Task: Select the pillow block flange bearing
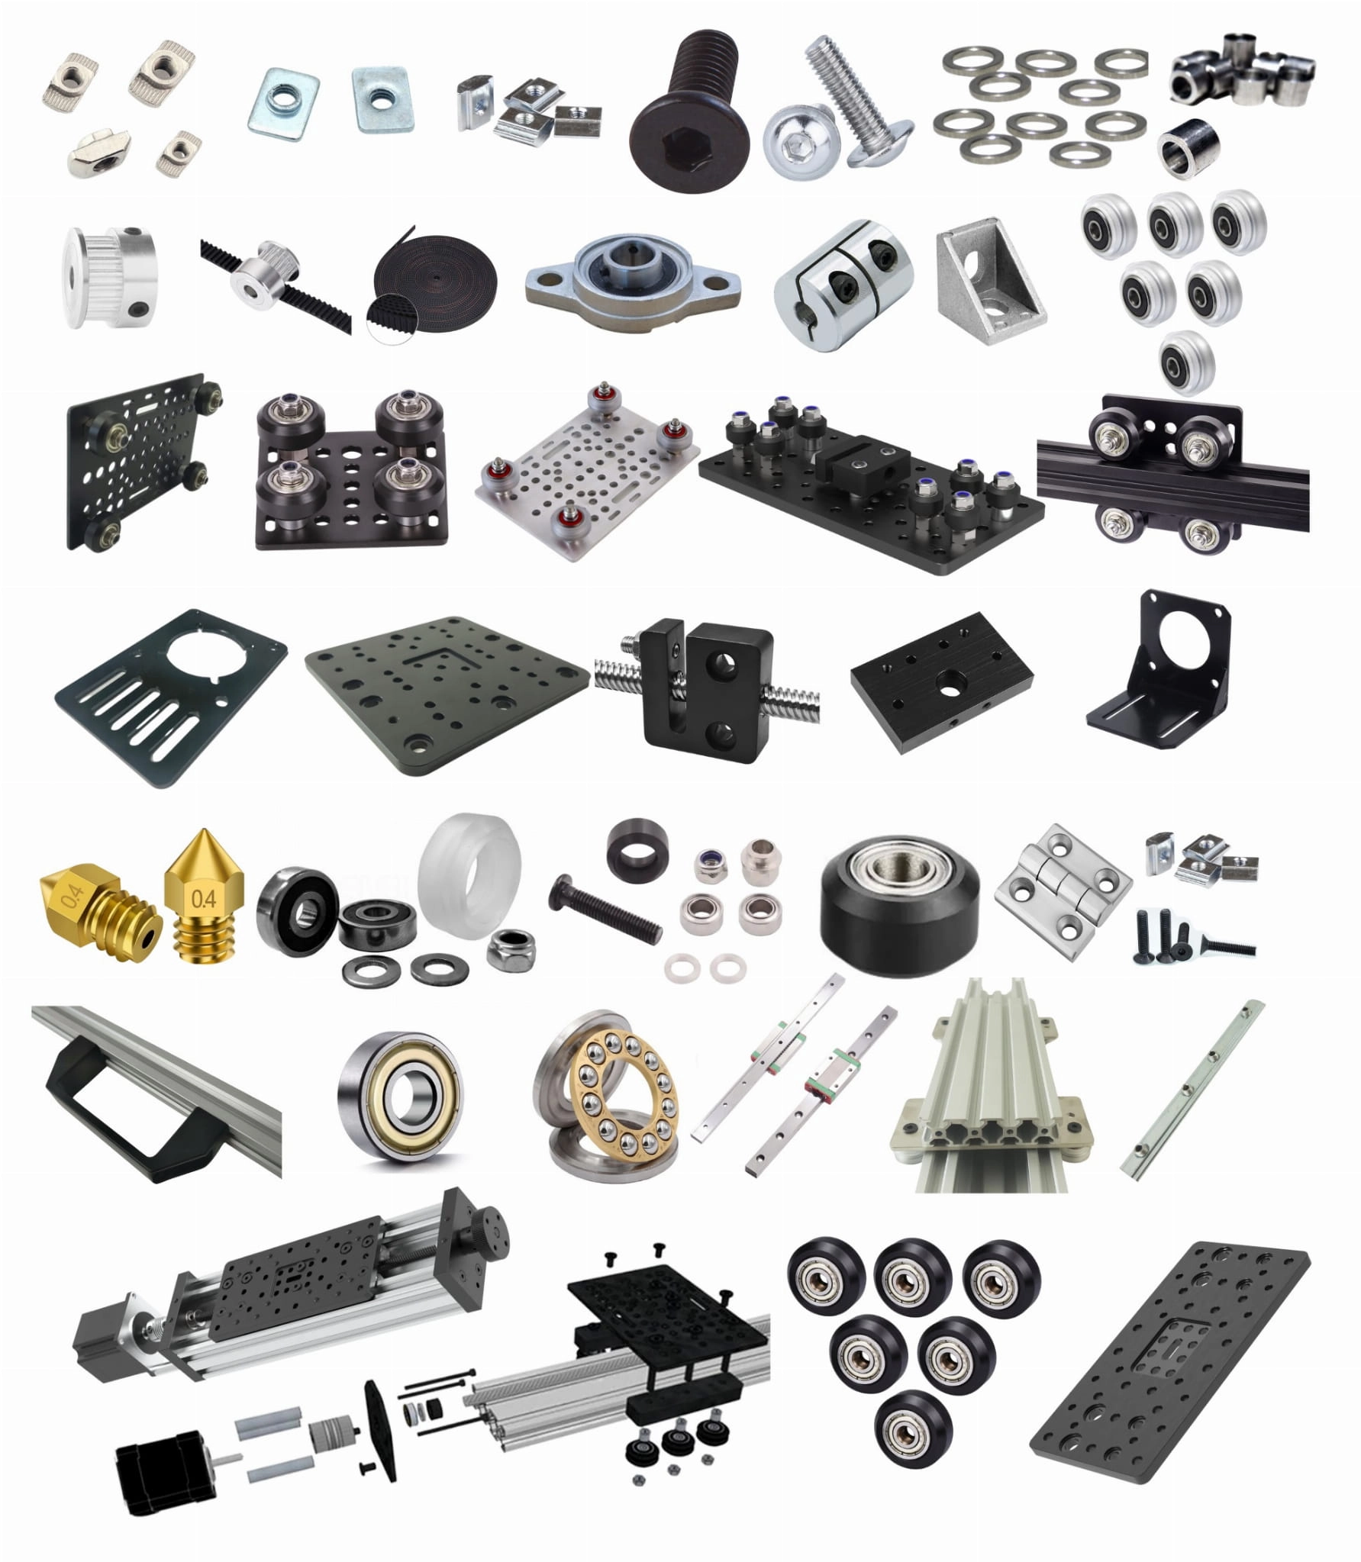(x=634, y=277)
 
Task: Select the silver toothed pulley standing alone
(x=109, y=277)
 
